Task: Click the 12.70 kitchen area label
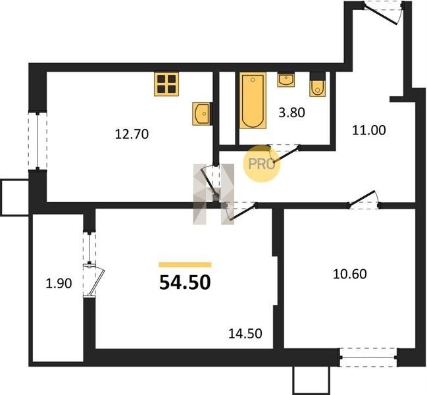132,134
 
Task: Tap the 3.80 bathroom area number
291,113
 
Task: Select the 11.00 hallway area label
369,130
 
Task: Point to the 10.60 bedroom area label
350,274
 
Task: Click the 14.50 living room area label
245,333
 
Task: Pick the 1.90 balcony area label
59,284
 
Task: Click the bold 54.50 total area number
185,282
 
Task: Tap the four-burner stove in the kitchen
166,84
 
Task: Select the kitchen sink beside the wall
202,114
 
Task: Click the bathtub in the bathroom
253,100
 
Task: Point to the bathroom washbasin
286,79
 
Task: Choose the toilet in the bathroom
317,84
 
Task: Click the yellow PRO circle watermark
261,164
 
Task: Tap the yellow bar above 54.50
185,265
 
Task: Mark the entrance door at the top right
383,13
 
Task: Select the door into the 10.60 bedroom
364,200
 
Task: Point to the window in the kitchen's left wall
38,141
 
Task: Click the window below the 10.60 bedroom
368,357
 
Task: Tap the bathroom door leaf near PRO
286,155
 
